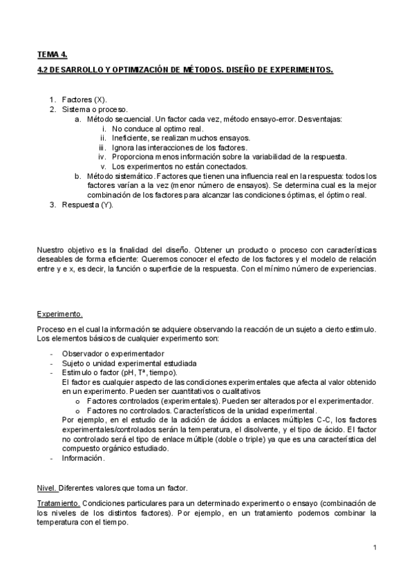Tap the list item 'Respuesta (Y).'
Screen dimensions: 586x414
86,205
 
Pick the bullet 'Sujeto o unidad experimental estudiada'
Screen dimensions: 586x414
129,363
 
